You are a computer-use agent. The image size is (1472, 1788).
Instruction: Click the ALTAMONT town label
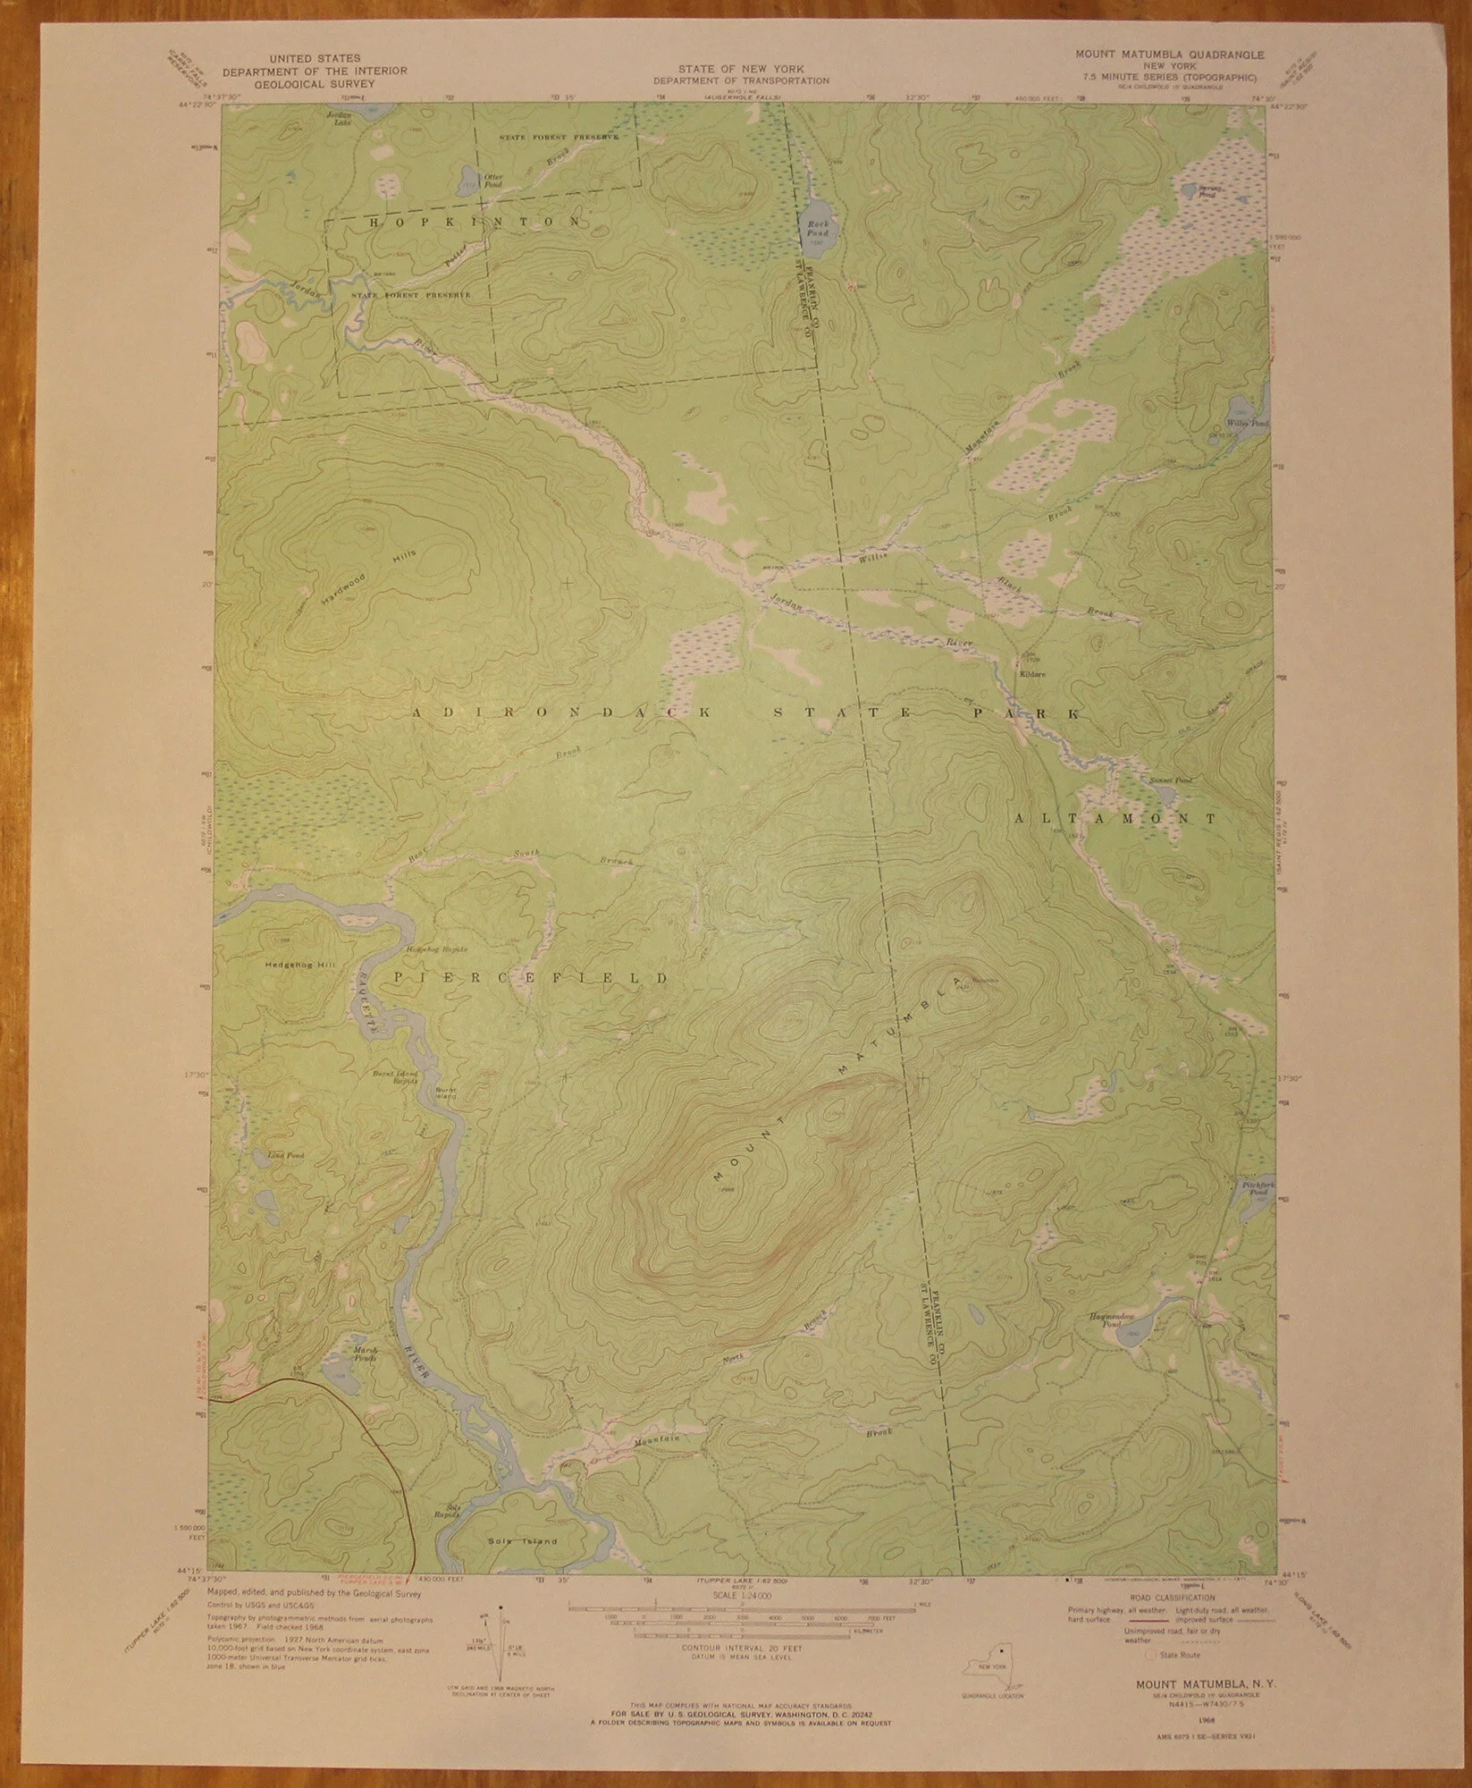[x=1115, y=818]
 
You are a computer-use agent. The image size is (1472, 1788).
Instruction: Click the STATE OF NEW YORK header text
[x=741, y=68]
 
